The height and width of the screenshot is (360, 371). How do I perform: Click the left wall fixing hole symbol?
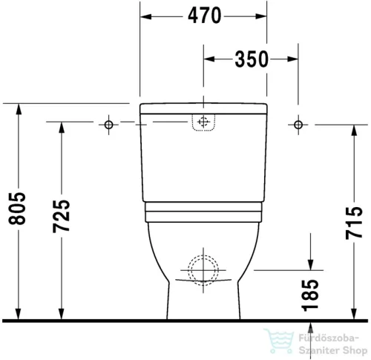tap(108, 122)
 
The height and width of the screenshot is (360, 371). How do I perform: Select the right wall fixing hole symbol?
tap(298, 122)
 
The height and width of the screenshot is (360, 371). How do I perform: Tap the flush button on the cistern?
tap(203, 122)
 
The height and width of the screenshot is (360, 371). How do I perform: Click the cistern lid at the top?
tap(203, 106)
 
